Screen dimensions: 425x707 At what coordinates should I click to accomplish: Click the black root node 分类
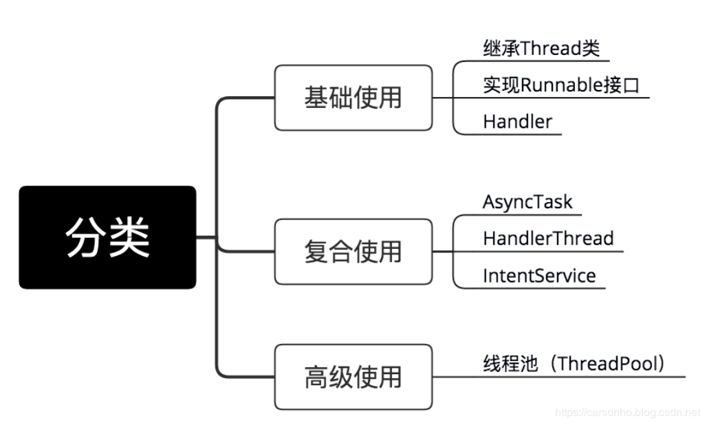click(107, 237)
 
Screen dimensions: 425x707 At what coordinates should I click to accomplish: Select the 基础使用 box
click(353, 98)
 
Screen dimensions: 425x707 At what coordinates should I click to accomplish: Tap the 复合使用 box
click(353, 252)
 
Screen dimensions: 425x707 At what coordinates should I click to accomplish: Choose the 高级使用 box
click(353, 377)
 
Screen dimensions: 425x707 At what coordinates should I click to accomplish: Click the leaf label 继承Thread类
click(541, 48)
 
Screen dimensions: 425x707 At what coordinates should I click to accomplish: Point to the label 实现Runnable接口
click(561, 85)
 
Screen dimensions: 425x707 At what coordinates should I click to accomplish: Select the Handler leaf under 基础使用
click(517, 122)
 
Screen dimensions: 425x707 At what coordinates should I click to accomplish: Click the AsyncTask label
click(527, 201)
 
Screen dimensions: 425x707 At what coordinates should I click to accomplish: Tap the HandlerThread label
click(548, 239)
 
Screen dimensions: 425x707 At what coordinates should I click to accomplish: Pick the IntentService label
click(539, 276)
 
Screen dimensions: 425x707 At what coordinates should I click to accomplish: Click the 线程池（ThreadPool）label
click(574, 364)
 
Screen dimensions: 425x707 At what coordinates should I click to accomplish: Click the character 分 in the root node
click(85, 237)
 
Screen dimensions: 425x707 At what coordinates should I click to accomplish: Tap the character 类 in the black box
click(129, 237)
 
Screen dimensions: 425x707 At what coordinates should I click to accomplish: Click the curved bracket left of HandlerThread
click(455, 252)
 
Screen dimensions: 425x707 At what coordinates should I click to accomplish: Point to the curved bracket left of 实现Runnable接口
click(455, 98)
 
